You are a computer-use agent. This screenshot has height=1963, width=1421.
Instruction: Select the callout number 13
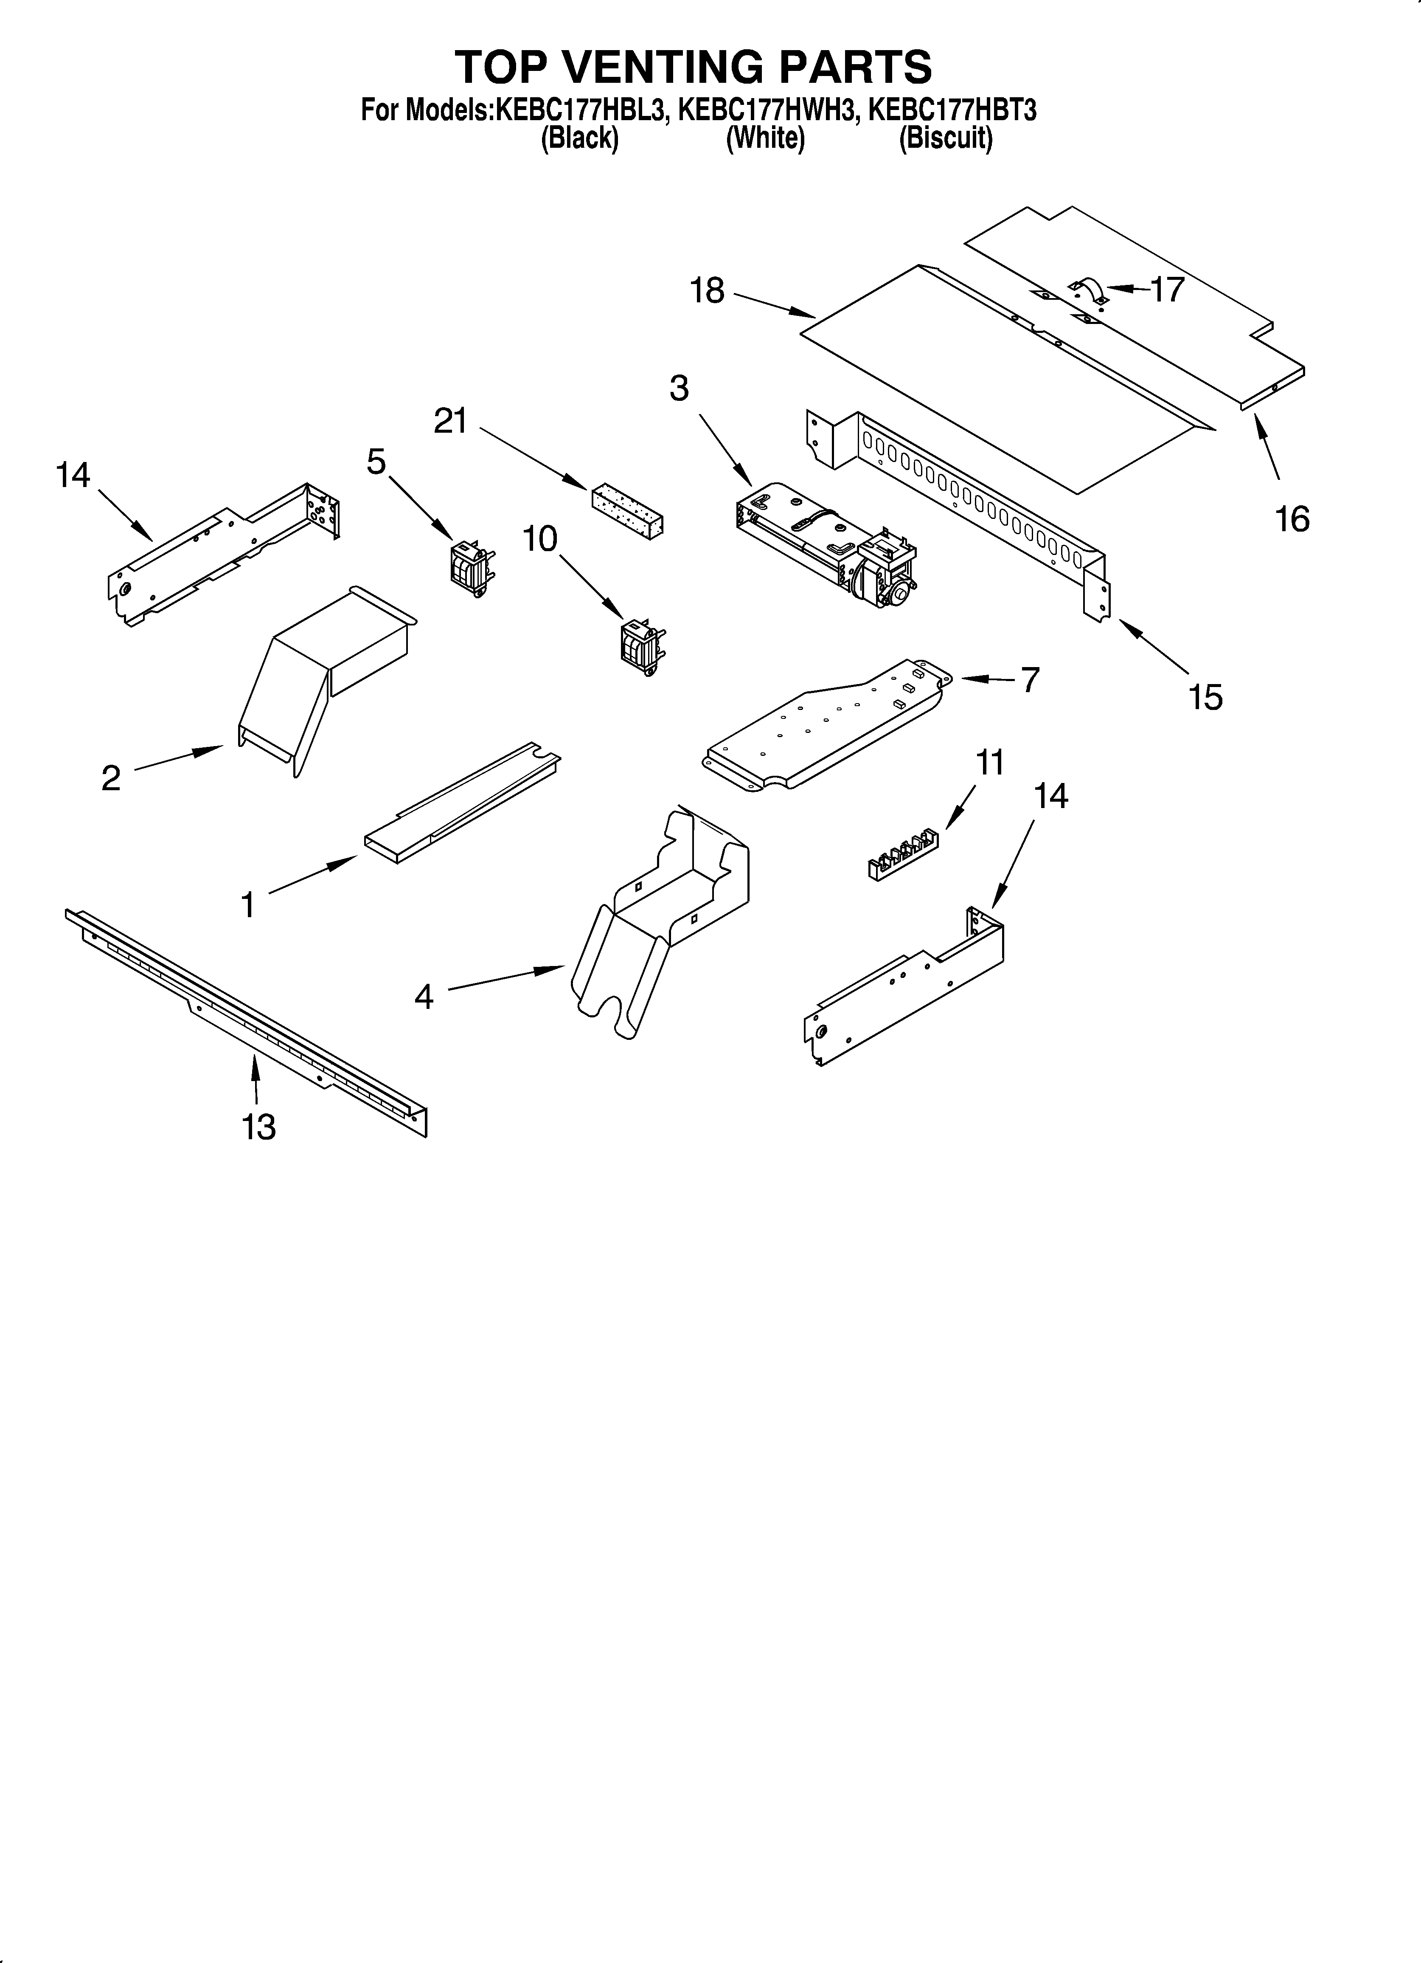[259, 1127]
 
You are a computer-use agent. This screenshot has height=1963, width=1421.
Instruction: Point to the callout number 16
[1292, 519]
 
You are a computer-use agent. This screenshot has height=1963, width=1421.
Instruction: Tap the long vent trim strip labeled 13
[247, 1021]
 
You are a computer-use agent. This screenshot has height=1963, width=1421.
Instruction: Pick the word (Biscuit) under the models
[945, 138]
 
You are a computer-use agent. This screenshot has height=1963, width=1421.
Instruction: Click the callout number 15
[1205, 697]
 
